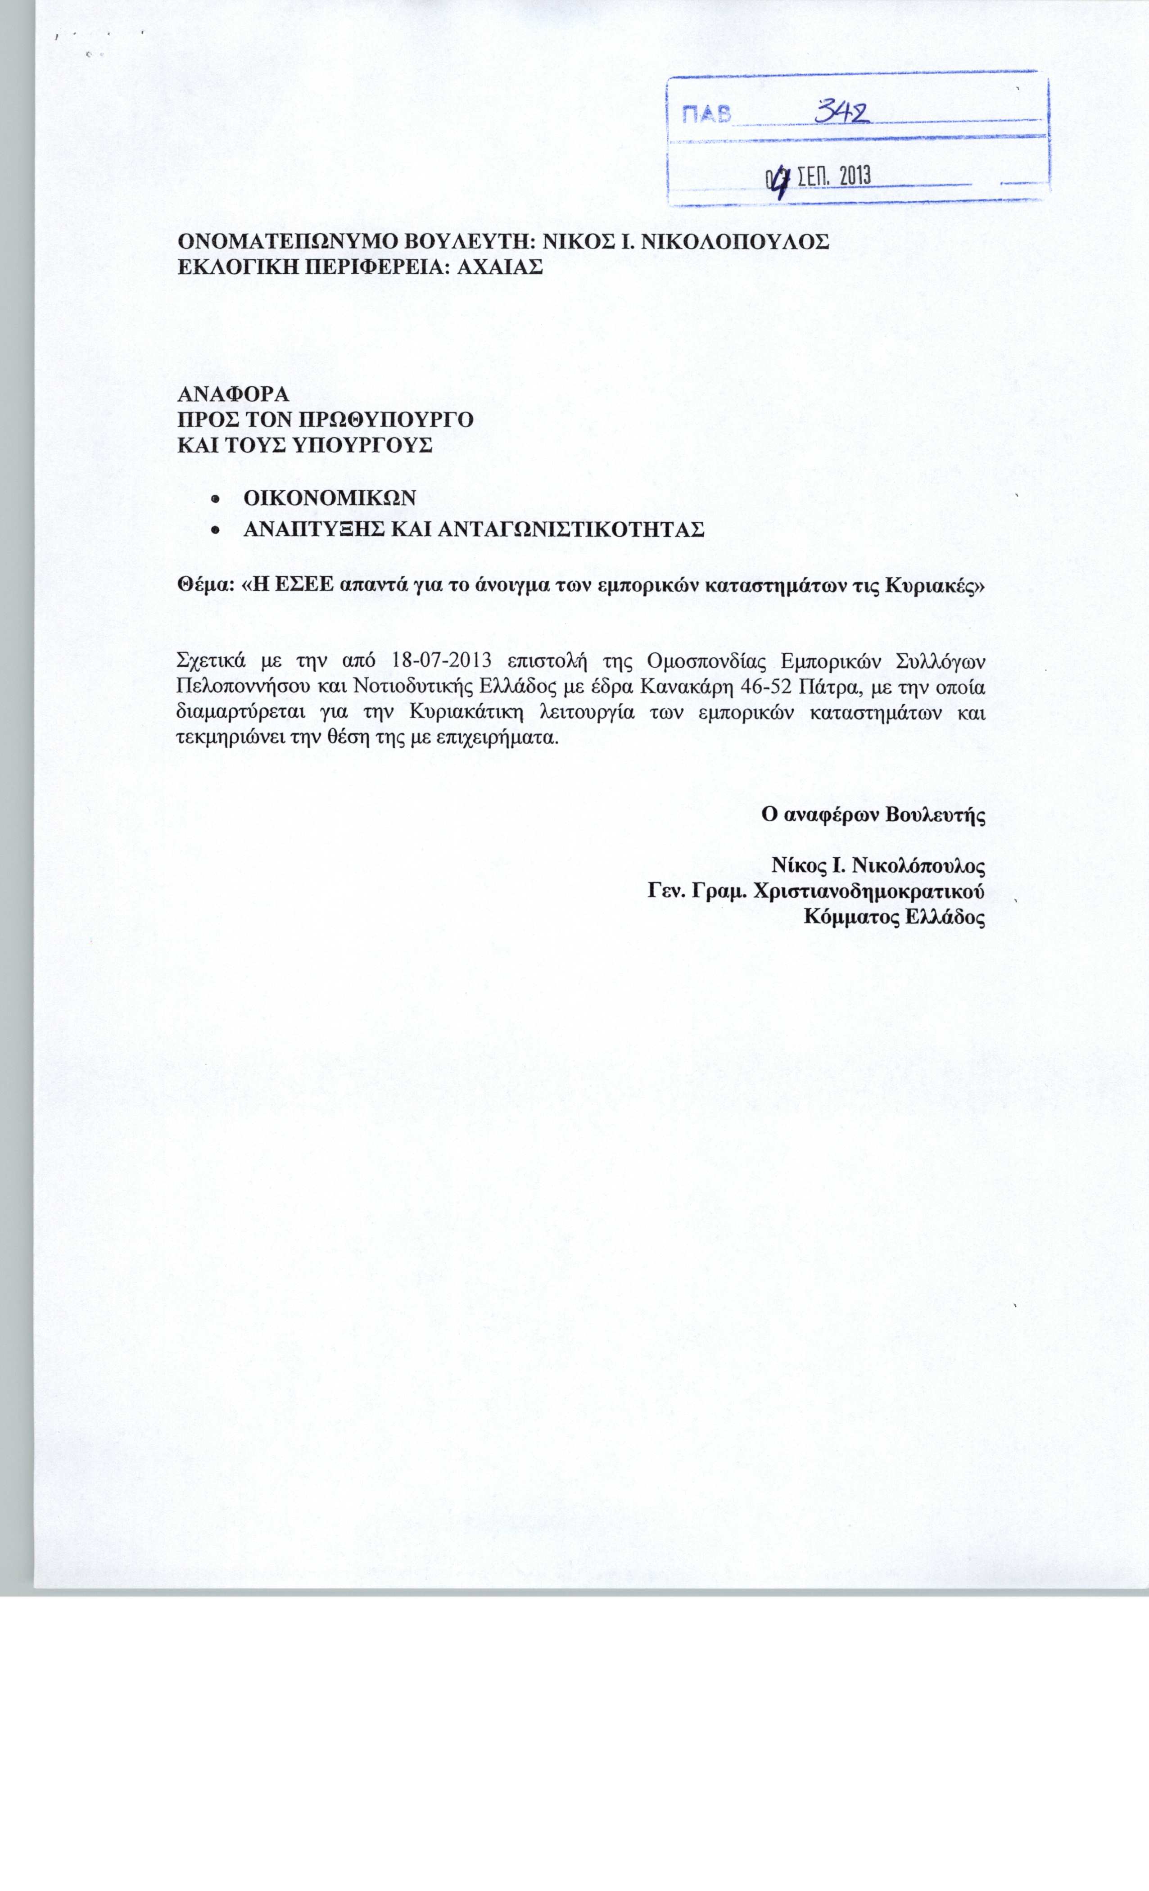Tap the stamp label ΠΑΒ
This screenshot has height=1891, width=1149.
[703, 116]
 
